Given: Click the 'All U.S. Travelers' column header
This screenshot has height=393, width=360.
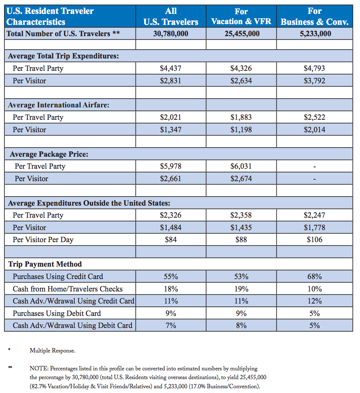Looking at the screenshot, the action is pyautogui.click(x=171, y=16).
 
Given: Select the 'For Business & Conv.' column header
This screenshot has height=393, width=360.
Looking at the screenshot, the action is pyautogui.click(x=315, y=16).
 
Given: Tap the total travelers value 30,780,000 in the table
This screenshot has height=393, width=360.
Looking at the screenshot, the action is pyautogui.click(x=171, y=34).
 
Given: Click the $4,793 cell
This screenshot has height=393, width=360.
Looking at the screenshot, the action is pyautogui.click(x=314, y=68).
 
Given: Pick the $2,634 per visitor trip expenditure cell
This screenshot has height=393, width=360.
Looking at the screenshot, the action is pyautogui.click(x=241, y=81).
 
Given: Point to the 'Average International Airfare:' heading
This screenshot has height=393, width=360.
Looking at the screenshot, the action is pyautogui.click(x=59, y=105).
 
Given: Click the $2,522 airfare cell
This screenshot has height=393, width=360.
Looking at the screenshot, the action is pyautogui.click(x=314, y=117).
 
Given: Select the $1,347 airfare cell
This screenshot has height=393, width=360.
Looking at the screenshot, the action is pyautogui.click(x=171, y=130).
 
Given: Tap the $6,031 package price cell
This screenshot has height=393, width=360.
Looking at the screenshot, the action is pyautogui.click(x=241, y=166).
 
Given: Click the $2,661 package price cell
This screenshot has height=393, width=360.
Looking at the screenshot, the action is pyautogui.click(x=171, y=179).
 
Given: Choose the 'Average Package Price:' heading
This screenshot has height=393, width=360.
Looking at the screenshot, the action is pyautogui.click(x=49, y=154).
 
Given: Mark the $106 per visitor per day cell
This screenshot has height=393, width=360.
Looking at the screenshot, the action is pyautogui.click(x=315, y=240).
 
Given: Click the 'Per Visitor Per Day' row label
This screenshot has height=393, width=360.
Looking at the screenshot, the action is pyautogui.click(x=43, y=240).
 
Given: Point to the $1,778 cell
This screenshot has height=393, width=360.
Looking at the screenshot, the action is pyautogui.click(x=314, y=227).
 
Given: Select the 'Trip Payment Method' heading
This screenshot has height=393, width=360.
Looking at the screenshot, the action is pyautogui.click(x=45, y=264).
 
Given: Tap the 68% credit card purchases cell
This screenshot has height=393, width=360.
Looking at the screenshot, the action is pyautogui.click(x=315, y=276).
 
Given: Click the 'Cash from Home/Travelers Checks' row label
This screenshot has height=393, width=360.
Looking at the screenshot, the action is pyautogui.click(x=68, y=289).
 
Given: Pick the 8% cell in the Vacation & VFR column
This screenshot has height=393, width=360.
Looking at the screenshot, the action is pyautogui.click(x=241, y=325).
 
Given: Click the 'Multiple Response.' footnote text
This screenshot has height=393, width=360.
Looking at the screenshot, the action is pyautogui.click(x=52, y=351).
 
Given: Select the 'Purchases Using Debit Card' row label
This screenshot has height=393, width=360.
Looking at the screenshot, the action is pyautogui.click(x=57, y=313).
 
